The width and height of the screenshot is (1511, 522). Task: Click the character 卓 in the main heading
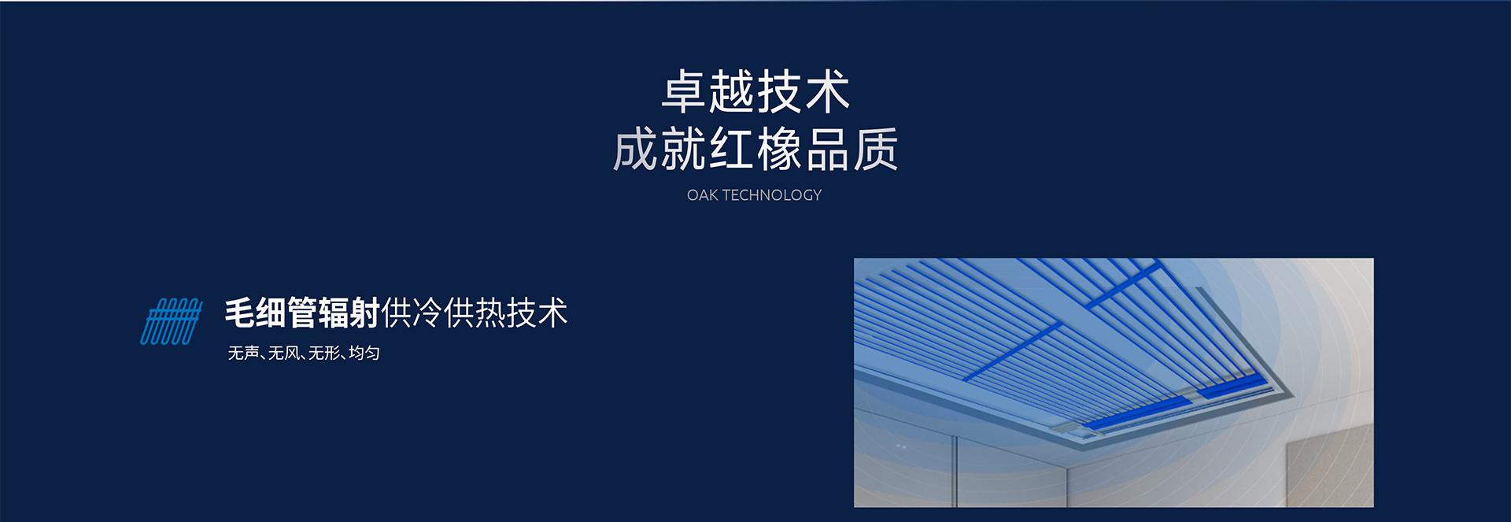(684, 91)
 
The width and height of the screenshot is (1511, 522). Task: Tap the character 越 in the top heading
(732, 91)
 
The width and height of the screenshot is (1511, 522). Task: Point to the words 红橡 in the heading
(755, 149)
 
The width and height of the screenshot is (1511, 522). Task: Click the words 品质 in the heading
(852, 149)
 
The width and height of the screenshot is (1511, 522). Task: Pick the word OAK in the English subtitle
(702, 195)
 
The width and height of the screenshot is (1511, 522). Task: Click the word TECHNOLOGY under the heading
(772, 195)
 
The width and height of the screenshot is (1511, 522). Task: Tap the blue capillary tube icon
(172, 321)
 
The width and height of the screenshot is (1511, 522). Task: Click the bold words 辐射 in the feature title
(349, 313)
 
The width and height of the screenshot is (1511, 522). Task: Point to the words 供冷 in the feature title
(412, 313)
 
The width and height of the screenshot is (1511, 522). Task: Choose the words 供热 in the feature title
(475, 313)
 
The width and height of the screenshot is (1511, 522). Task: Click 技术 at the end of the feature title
(538, 313)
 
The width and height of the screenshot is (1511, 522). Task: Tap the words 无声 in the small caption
(244, 353)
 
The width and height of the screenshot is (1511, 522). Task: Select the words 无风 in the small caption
(284, 353)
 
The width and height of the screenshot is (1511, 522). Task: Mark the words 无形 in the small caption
(324, 353)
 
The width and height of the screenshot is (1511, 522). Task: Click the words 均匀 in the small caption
(364, 353)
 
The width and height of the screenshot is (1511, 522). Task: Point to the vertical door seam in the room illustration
(955, 470)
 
